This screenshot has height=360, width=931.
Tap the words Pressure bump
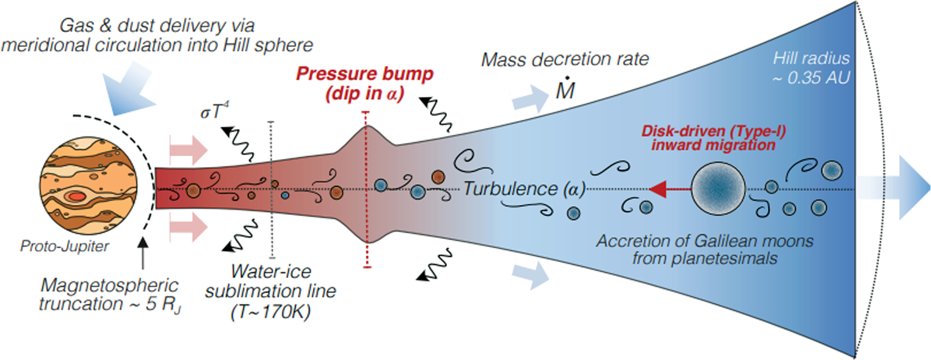pos(364,74)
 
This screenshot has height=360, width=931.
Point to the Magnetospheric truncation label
pos(109,295)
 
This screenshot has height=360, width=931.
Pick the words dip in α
pos(364,94)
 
